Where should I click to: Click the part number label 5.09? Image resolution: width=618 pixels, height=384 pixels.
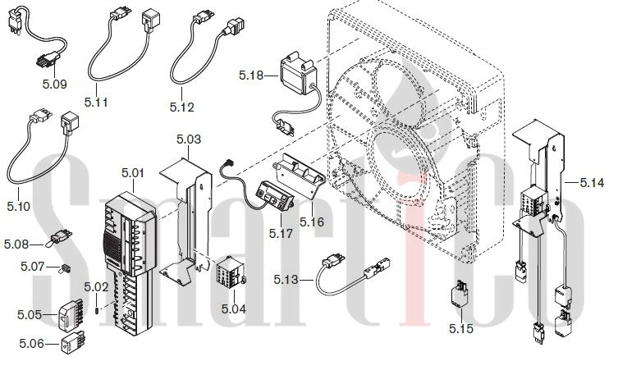point(54,84)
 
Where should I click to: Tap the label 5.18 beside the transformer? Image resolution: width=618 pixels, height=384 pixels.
point(250,75)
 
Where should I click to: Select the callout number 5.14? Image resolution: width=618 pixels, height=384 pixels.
point(592,183)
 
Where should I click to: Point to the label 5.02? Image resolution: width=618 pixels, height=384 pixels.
point(96,287)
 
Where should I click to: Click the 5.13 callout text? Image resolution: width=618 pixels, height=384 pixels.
point(286,280)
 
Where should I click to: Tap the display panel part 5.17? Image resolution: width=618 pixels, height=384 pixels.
point(275,197)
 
